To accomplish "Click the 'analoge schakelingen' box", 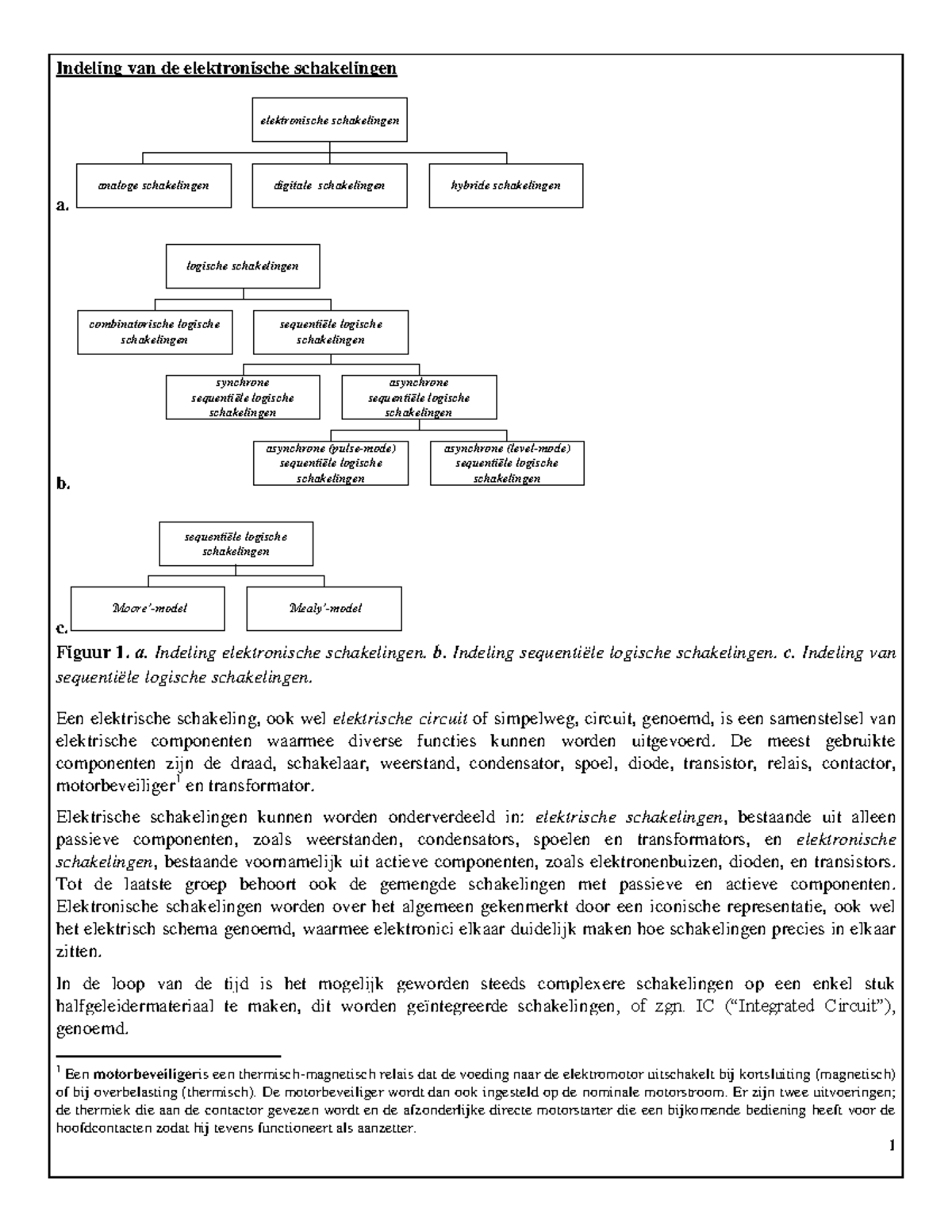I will click(154, 185).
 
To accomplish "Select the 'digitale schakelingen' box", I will click(329, 185).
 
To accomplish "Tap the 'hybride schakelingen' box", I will click(505, 185).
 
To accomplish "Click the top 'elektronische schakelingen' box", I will click(329, 120).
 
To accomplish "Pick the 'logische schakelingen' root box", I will click(243, 266).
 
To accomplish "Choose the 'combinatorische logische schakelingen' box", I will click(155, 332).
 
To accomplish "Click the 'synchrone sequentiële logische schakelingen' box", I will click(243, 398).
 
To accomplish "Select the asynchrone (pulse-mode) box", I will click(331, 464).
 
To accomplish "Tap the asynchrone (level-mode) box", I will click(507, 464).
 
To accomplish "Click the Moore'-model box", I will click(148, 609).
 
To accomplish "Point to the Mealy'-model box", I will click(324, 609).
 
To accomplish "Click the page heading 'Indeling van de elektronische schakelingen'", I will click(225, 68).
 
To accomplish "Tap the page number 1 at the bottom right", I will click(892, 1145).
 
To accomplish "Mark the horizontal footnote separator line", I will click(169, 1057).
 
